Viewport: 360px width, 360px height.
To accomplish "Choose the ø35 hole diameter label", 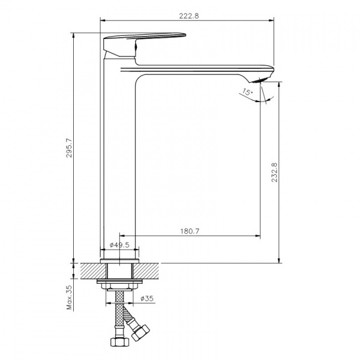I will tap(147, 298).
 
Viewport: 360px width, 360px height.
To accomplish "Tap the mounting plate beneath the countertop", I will tap(120, 281).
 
